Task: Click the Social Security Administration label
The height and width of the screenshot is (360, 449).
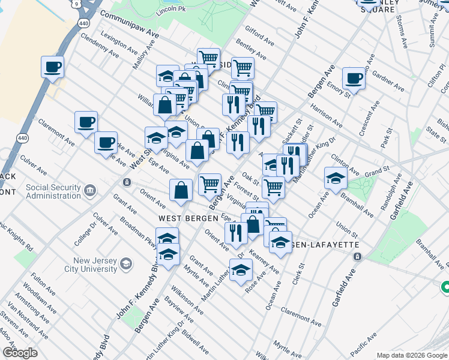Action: [x=53, y=191]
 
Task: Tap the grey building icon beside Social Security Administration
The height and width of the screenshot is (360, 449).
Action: [x=90, y=191]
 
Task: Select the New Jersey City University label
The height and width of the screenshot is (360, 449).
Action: [x=94, y=265]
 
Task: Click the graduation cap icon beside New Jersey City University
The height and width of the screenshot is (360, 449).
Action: [x=126, y=263]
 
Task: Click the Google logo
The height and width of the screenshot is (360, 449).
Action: [x=20, y=353]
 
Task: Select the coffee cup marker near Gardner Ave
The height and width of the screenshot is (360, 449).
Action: [x=354, y=79]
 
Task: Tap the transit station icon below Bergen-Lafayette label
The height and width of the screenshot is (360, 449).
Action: [x=357, y=256]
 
